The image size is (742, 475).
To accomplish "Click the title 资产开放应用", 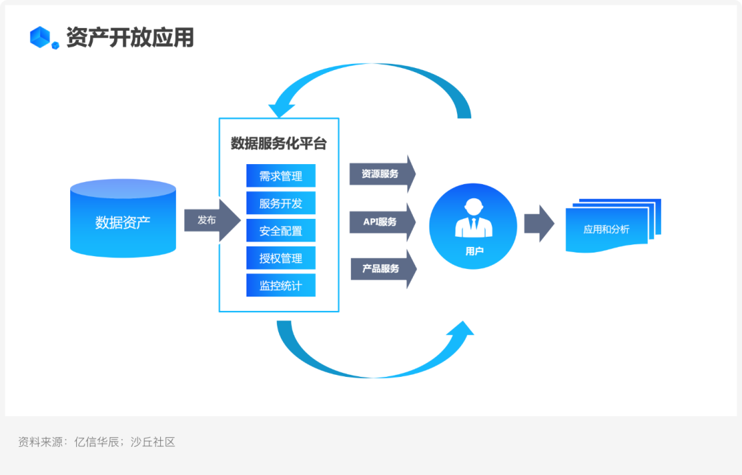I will [x=130, y=37].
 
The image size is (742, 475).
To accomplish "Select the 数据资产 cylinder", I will [x=123, y=218].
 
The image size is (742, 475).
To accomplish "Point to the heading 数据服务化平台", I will [x=278, y=143].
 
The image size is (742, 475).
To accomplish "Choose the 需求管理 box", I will [x=280, y=176].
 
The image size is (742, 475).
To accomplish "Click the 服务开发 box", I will [x=280, y=203].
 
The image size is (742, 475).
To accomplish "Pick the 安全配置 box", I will [x=280, y=231].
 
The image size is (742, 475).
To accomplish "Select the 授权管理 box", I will [x=280, y=258].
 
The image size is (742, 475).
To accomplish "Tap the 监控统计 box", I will [x=280, y=286].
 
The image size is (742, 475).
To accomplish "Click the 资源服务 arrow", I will [x=382, y=174].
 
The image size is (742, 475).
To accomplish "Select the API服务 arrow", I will [x=382, y=222].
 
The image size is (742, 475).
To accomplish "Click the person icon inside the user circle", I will [x=473, y=218].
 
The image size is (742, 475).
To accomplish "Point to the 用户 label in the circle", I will [x=474, y=251].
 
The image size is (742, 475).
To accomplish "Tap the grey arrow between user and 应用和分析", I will [x=539, y=224].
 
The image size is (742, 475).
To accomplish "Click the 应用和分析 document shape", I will [x=607, y=229].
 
